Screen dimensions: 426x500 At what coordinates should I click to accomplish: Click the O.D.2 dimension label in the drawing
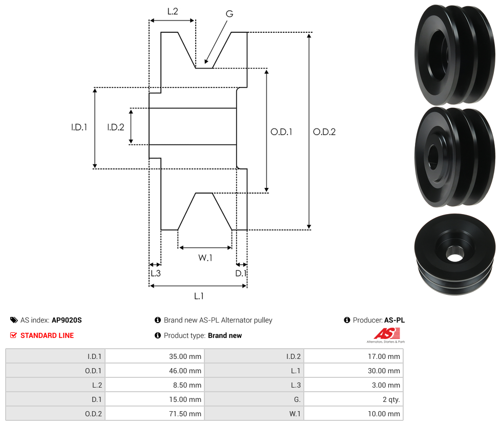(324, 132)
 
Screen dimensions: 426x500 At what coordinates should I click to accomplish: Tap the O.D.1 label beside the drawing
(281, 132)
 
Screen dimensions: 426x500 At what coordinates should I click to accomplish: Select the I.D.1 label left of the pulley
(79, 127)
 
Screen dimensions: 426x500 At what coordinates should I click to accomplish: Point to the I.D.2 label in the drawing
(116, 127)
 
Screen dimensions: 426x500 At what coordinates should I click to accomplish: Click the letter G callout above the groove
(229, 14)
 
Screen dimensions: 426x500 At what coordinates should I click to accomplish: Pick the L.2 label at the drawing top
(173, 11)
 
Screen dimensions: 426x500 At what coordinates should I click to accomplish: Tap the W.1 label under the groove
(205, 258)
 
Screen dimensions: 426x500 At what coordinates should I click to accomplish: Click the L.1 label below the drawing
(199, 295)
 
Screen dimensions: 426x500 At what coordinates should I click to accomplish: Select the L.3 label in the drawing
(155, 273)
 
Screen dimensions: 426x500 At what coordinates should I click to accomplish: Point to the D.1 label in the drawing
(241, 273)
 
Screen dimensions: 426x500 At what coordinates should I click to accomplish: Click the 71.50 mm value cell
(154, 414)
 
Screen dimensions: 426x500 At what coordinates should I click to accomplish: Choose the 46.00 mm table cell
(154, 371)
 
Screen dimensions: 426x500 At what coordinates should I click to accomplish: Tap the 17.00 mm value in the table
(353, 356)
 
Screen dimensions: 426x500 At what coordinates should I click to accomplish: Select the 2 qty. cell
(353, 399)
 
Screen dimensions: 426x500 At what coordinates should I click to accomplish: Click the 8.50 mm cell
(154, 385)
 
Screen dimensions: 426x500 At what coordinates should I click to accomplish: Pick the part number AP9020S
(67, 320)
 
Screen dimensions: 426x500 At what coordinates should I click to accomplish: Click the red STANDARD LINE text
(47, 335)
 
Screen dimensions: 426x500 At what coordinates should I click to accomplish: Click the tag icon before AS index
(14, 320)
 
